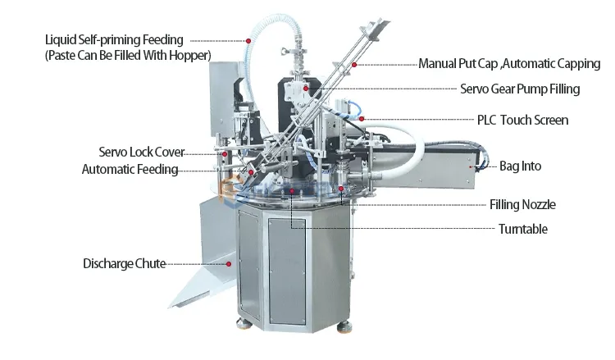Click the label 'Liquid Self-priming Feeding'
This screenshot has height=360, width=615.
[x=114, y=39]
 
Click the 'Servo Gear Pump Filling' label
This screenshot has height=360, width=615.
[x=521, y=89]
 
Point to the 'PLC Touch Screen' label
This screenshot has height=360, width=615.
[x=522, y=120]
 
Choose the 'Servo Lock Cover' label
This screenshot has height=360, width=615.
[x=141, y=153]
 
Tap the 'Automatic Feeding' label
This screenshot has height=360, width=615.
[x=130, y=170]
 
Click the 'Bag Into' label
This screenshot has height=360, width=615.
[x=520, y=166]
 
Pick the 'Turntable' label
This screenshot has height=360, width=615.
[x=522, y=230]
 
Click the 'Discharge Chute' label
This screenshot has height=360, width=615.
[x=124, y=263]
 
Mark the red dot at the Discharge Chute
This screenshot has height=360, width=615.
[x=229, y=263]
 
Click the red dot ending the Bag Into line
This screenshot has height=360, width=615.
[x=472, y=166]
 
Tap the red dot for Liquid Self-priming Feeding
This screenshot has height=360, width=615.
[x=248, y=39]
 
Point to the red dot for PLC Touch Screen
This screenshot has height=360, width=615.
[x=362, y=119]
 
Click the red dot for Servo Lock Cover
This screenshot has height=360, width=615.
[x=223, y=153]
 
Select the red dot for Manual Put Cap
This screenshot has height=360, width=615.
[x=355, y=63]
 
